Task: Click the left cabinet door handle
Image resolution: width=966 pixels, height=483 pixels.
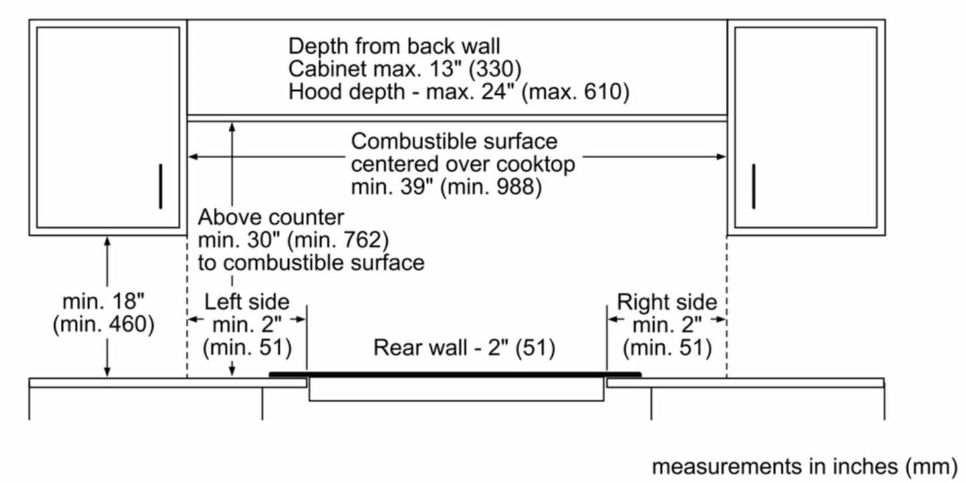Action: tap(160, 186)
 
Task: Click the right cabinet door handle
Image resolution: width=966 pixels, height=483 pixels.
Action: tap(753, 186)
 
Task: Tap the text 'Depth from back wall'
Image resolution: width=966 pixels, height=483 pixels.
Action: tap(394, 46)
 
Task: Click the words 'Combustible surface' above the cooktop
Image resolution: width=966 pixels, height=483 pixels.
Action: tap(454, 142)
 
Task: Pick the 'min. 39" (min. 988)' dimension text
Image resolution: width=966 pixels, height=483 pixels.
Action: tap(446, 187)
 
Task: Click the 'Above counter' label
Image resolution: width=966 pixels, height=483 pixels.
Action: tap(271, 217)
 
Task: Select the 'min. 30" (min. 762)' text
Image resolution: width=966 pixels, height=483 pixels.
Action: tap(293, 239)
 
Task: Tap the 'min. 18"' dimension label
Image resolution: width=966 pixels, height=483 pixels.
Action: tap(103, 301)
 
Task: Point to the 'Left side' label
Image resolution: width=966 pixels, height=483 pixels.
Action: tap(247, 301)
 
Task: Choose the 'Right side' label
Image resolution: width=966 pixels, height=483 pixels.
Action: tap(667, 302)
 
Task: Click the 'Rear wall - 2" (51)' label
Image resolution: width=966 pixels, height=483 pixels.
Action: tap(464, 347)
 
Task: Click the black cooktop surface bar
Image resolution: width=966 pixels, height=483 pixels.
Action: tap(455, 375)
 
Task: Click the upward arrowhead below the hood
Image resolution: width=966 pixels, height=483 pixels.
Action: tap(232, 126)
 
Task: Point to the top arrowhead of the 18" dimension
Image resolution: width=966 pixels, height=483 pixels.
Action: tap(108, 240)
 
